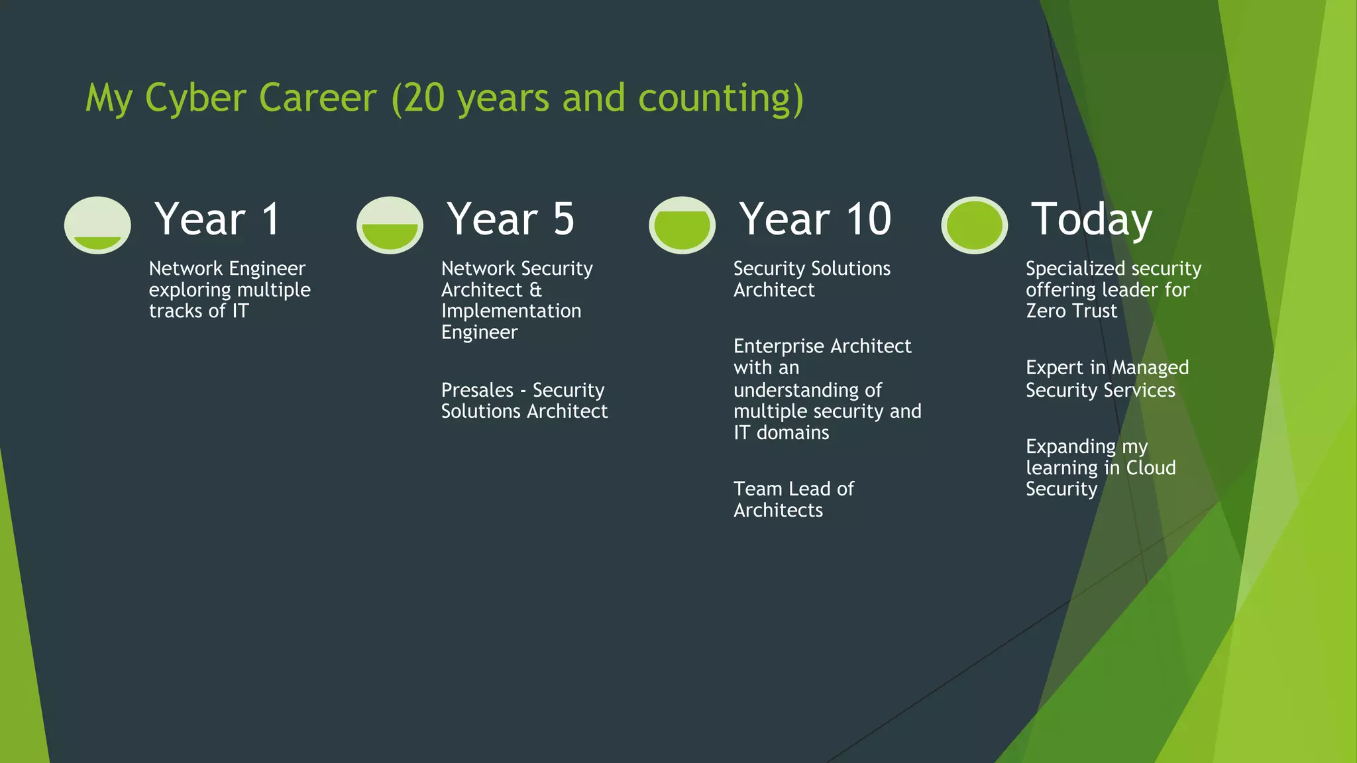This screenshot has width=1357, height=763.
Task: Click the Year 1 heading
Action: tap(217, 219)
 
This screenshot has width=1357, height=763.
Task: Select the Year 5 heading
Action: tap(510, 219)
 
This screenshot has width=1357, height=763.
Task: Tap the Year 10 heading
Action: tap(815, 219)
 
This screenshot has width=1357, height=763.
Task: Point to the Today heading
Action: tap(1091, 219)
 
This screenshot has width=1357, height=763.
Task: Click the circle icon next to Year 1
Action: tap(97, 225)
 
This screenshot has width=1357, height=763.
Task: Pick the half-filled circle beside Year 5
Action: tap(390, 225)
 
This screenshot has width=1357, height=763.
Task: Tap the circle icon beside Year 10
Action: tap(682, 225)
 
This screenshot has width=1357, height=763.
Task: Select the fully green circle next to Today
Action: tap(974, 225)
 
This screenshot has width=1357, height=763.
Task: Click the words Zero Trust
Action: tap(1071, 311)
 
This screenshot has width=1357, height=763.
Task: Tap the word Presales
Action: tap(477, 390)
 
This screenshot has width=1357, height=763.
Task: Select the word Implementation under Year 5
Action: tap(511, 311)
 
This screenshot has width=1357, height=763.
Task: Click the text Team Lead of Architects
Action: tap(793, 499)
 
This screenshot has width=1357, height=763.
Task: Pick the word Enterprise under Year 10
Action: tap(778, 346)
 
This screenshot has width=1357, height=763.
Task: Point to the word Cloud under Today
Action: tap(1151, 468)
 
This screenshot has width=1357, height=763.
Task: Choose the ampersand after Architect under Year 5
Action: tap(535, 289)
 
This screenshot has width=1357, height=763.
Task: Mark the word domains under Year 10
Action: tap(792, 432)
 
